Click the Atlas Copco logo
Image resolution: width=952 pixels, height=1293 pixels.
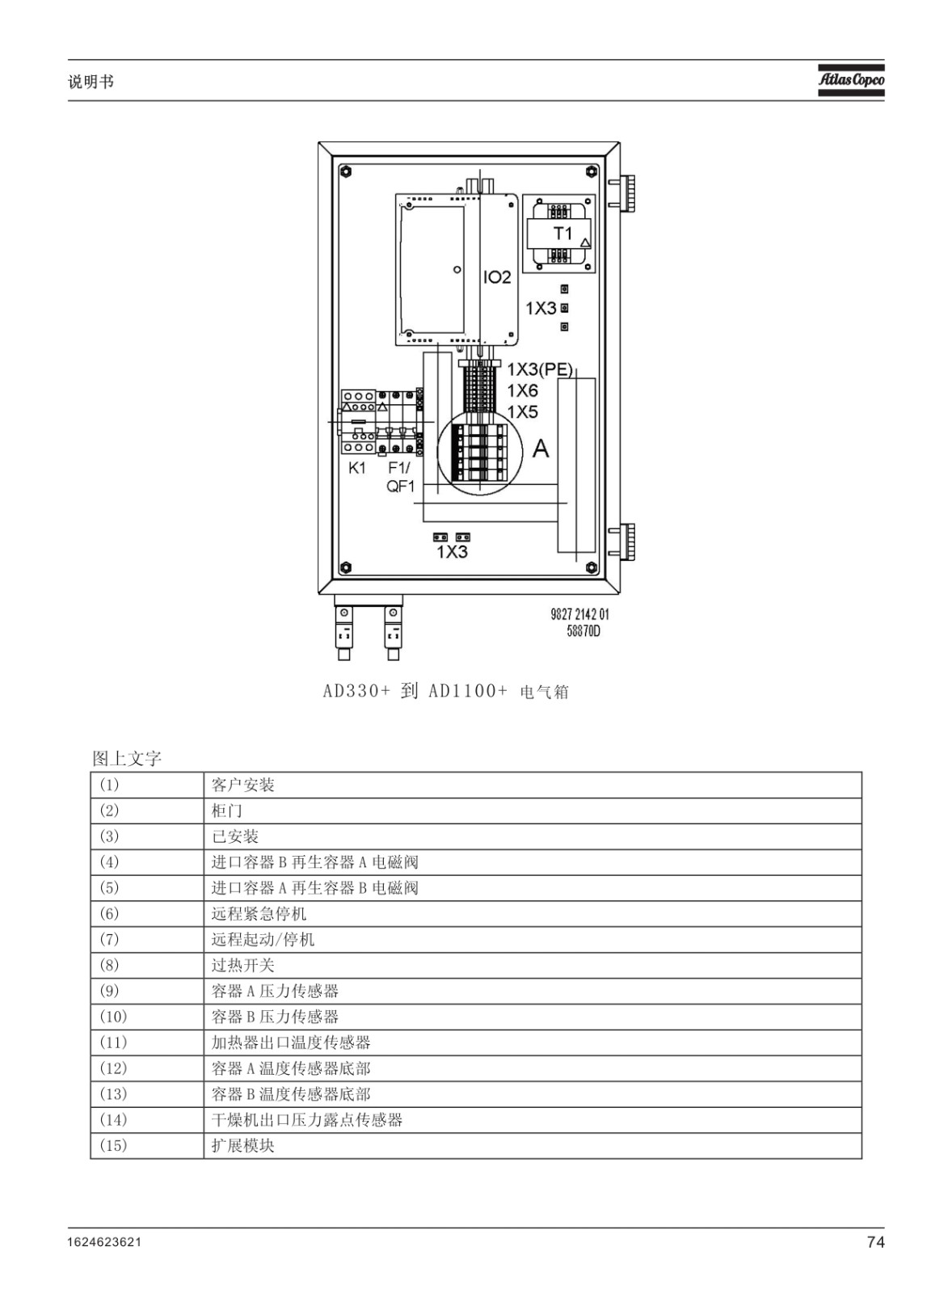(x=851, y=79)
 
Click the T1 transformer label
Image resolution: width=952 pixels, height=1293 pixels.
(x=563, y=234)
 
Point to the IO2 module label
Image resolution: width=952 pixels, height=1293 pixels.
(x=497, y=278)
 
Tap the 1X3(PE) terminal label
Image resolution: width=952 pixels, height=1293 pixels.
(x=540, y=369)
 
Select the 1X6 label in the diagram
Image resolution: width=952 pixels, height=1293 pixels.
(x=522, y=391)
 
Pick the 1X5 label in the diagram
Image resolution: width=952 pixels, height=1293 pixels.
(x=522, y=411)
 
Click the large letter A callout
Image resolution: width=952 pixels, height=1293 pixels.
(x=541, y=448)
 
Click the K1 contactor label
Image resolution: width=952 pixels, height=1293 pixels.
(x=356, y=468)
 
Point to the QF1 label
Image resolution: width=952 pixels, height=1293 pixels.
(x=400, y=486)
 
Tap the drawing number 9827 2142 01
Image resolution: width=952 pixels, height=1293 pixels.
(x=579, y=614)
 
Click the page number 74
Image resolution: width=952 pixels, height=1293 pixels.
(x=875, y=1242)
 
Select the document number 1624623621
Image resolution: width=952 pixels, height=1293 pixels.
(x=104, y=1242)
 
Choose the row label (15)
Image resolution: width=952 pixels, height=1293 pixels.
(x=113, y=1146)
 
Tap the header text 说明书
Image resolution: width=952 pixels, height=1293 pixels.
(x=91, y=82)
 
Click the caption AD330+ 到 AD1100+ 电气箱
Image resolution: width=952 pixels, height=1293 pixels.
(x=445, y=691)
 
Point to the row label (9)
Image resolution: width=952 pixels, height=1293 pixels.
(x=109, y=991)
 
